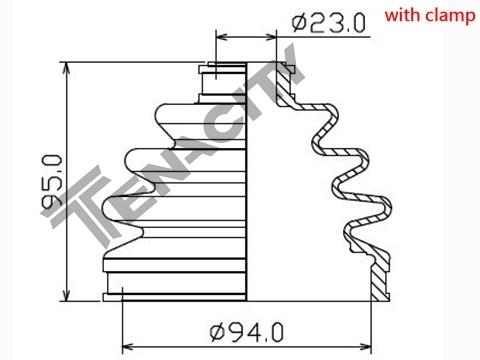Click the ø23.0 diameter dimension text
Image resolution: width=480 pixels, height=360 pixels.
pos(329,22)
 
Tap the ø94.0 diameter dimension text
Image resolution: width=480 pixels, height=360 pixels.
pos(247,332)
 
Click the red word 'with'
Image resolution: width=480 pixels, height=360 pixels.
pos(403,15)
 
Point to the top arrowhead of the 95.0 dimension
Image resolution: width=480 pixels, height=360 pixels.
pos(67,68)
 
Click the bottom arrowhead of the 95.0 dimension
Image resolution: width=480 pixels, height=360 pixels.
pos(67,295)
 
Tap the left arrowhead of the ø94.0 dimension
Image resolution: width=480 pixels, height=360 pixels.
pos(129,347)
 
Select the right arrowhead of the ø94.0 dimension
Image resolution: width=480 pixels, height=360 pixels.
pos(365,347)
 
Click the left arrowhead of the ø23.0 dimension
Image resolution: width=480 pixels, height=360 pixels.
pos(222,37)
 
